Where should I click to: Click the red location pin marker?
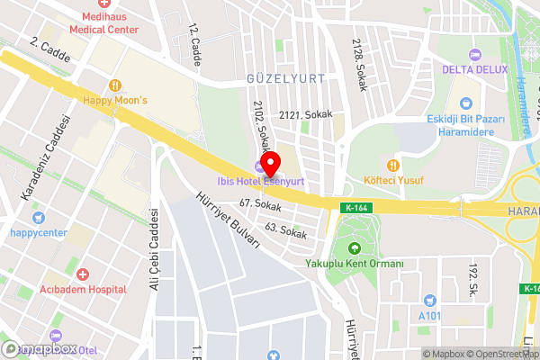pos(269,164)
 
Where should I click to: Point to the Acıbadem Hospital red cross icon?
pos(83,273)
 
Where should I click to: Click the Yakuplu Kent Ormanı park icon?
pos(354,248)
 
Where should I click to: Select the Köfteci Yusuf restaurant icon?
pos(392,165)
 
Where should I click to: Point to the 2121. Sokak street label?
pos(306,114)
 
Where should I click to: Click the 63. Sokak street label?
pos(286,231)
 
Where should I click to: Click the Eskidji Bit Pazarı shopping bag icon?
pos(465,104)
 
